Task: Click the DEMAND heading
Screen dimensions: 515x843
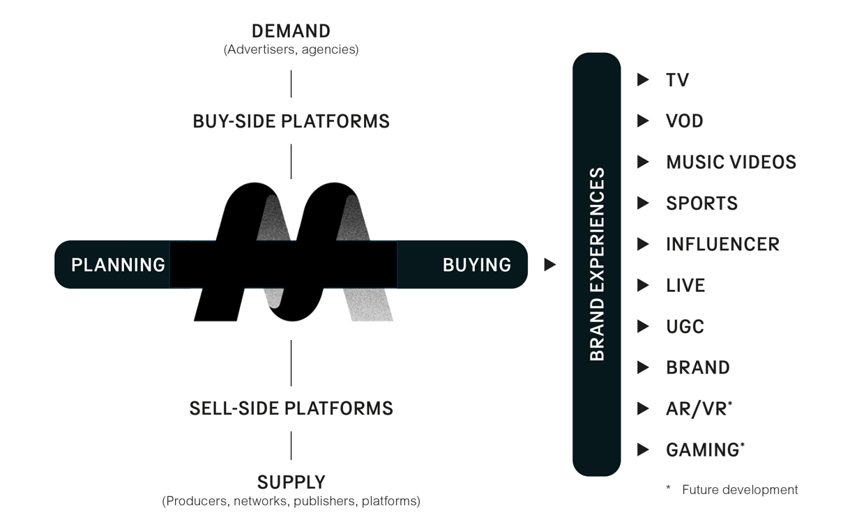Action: click(x=291, y=31)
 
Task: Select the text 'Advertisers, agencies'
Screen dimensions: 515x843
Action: click(x=291, y=50)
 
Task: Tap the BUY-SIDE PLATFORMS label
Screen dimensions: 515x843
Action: click(x=291, y=121)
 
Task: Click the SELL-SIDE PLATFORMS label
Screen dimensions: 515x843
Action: click(x=291, y=408)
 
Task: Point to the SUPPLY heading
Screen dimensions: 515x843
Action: click(x=291, y=482)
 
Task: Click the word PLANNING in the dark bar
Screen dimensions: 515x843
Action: click(x=118, y=265)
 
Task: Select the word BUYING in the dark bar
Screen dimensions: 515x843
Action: click(x=476, y=265)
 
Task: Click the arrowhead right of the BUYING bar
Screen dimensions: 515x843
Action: click(x=549, y=265)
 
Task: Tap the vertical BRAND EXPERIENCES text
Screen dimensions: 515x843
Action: click(x=597, y=264)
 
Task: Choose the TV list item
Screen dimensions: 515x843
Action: click(x=677, y=80)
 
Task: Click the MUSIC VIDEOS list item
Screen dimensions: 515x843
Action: click(x=731, y=162)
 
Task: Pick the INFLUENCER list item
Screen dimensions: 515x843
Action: click(x=722, y=245)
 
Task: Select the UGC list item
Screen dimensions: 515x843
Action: click(x=685, y=327)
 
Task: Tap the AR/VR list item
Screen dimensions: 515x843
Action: click(x=697, y=409)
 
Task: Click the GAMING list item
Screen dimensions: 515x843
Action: click(x=702, y=450)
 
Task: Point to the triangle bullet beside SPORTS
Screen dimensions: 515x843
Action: click(x=643, y=203)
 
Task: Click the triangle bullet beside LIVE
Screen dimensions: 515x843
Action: click(x=643, y=286)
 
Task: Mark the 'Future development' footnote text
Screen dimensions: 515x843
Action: click(x=739, y=490)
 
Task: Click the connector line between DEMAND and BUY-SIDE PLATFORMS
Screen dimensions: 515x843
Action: click(x=291, y=84)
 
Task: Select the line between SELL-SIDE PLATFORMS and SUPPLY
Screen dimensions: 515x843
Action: click(x=291, y=445)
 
